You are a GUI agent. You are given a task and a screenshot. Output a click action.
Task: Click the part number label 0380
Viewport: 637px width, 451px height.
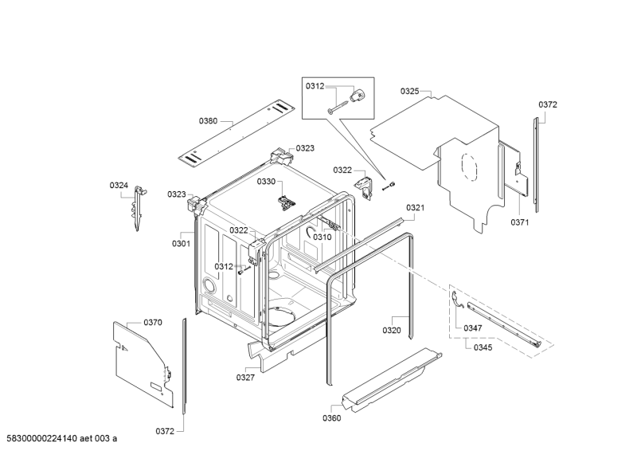[208, 121]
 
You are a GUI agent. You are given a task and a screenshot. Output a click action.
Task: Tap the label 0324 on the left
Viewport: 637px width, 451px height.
[119, 186]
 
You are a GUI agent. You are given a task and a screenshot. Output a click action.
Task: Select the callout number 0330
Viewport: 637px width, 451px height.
[265, 182]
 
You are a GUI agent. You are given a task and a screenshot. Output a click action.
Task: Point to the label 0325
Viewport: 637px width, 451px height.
[409, 92]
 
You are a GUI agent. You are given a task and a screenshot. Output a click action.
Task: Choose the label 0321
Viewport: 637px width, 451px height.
[415, 208]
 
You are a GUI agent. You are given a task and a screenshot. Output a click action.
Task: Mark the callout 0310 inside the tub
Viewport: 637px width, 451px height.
[322, 237]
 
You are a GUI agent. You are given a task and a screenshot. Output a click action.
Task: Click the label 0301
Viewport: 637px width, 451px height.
[181, 244]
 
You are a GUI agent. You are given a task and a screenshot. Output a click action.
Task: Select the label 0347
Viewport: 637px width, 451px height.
[473, 327]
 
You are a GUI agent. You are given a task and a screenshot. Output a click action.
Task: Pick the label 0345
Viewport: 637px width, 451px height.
[483, 347]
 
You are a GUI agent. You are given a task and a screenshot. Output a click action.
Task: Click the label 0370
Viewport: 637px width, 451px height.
[153, 322]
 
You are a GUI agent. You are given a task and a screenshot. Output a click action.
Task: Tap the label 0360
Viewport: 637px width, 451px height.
[332, 418]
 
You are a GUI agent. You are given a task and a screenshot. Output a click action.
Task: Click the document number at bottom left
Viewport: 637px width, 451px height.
[61, 438]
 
